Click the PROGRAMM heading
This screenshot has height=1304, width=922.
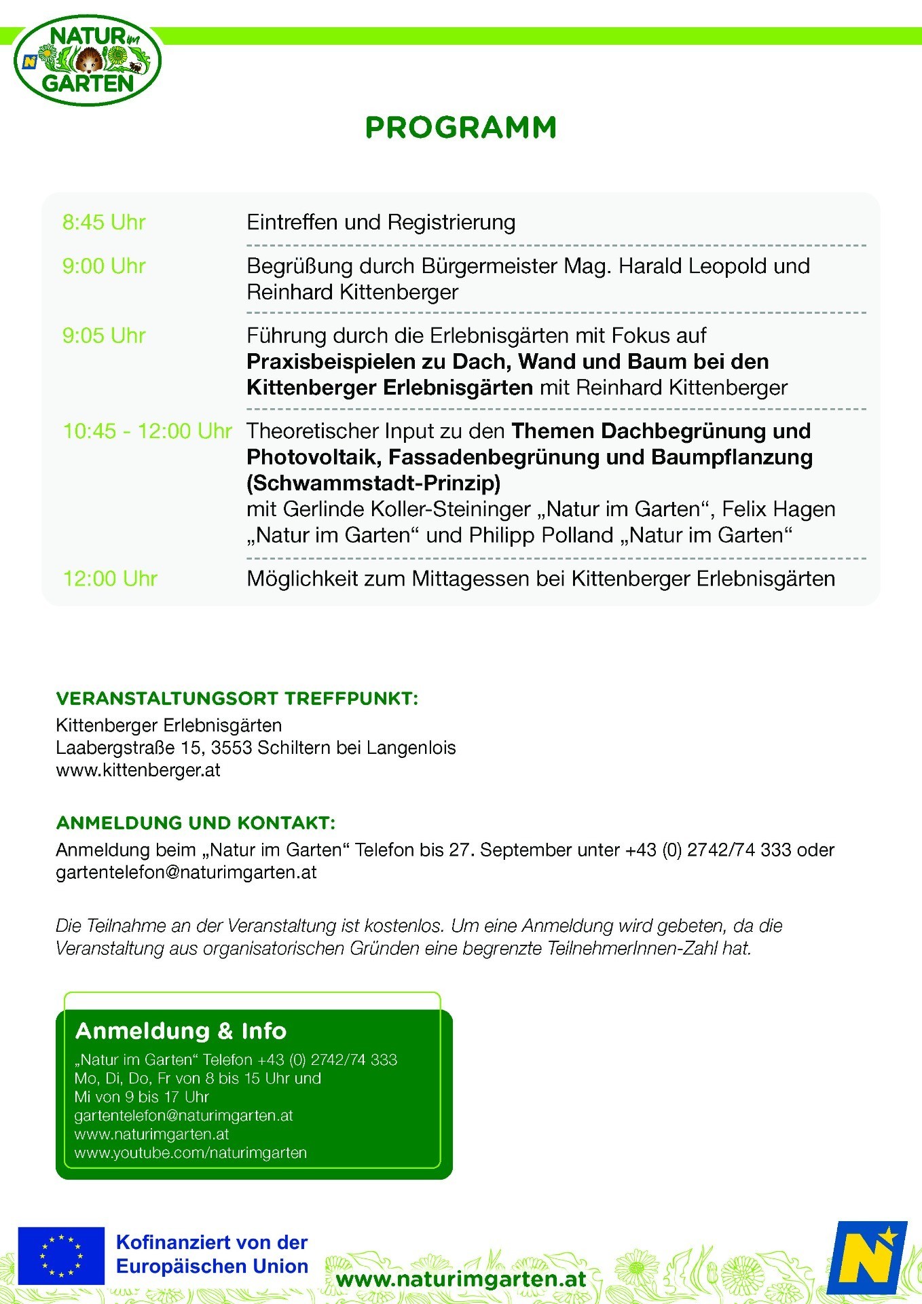click(x=460, y=128)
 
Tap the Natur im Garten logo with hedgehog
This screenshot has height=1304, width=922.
click(x=88, y=61)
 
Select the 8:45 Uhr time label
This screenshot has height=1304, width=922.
click(x=104, y=223)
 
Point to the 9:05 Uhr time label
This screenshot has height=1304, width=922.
click(x=104, y=336)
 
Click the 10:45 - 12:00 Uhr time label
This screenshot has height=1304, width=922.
click(x=147, y=431)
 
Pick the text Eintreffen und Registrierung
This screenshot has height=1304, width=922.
click(x=381, y=223)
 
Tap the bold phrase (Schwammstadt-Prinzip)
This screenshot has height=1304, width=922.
click(x=373, y=483)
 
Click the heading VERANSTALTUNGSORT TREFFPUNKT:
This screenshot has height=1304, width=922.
click(x=237, y=699)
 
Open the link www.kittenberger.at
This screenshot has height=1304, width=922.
click(x=138, y=770)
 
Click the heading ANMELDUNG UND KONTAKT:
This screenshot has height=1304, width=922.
click(x=196, y=823)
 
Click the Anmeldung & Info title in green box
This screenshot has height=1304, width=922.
click(x=181, y=1031)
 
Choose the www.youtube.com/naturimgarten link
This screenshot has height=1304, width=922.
click(x=191, y=1153)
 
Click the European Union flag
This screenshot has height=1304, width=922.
click(x=61, y=1256)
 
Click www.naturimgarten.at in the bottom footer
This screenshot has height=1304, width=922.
click(x=461, y=1280)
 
